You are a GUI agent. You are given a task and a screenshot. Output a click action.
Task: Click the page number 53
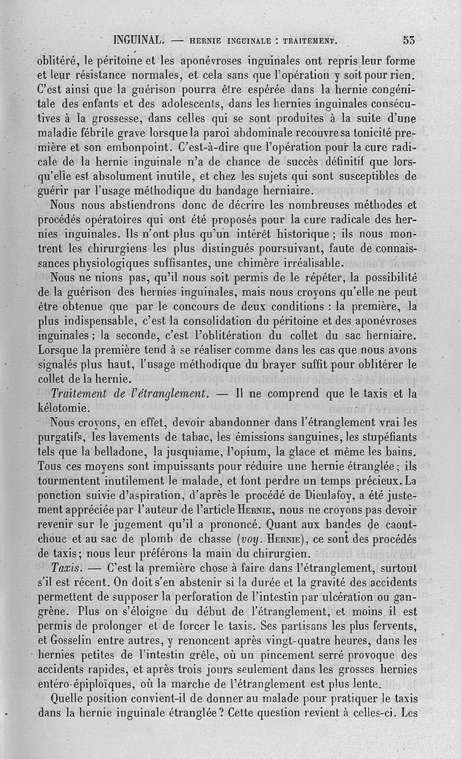pos(410,40)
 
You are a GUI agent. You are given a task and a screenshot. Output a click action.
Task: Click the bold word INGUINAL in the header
pos(141,40)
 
